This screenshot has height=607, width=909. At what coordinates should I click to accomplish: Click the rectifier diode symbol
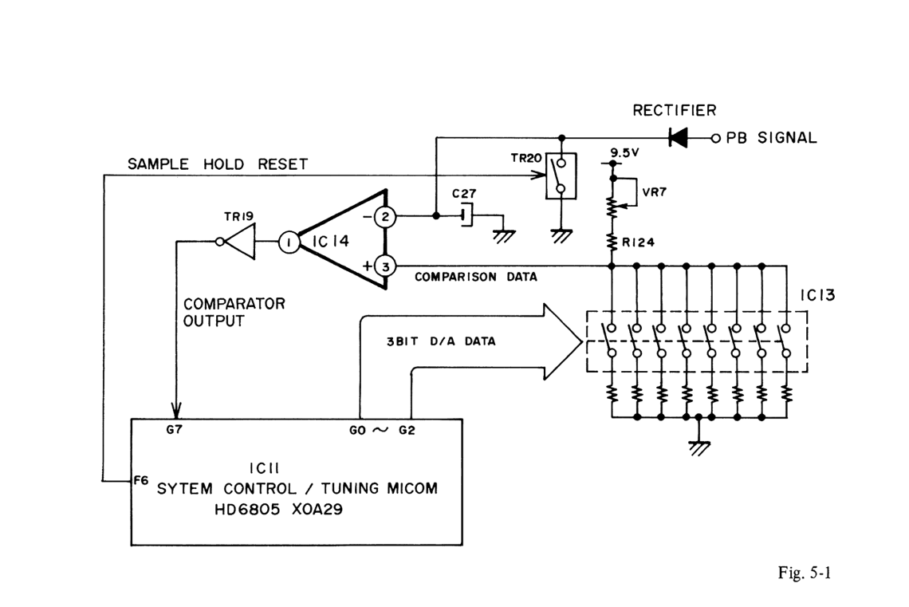point(679,137)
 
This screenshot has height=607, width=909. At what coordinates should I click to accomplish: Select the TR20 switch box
point(561,176)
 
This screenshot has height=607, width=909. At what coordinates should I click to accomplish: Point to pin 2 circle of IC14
point(384,216)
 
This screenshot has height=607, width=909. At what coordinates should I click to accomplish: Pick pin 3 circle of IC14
point(384,266)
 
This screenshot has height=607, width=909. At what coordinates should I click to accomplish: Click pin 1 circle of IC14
point(288,242)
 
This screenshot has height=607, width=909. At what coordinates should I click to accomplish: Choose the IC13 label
point(816,297)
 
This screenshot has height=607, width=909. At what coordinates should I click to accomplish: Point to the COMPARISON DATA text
point(475,278)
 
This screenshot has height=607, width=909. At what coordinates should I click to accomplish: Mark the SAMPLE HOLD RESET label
point(218,164)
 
